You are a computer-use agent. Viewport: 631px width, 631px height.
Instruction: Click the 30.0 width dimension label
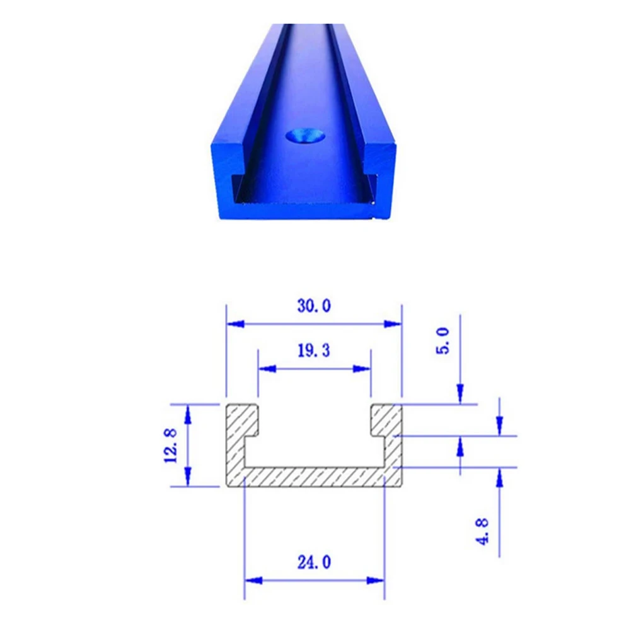(314, 306)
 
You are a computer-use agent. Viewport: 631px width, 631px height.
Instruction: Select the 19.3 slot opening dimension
(314, 350)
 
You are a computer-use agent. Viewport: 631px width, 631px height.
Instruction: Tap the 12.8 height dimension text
(171, 446)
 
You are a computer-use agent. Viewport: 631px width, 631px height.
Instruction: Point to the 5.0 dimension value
(443, 341)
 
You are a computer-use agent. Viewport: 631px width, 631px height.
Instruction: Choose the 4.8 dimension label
(482, 531)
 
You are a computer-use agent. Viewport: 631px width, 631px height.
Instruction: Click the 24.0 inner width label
(315, 562)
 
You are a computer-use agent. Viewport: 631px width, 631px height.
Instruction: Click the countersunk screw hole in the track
(306, 136)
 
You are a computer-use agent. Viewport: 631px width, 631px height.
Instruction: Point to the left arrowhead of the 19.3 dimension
(267, 369)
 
